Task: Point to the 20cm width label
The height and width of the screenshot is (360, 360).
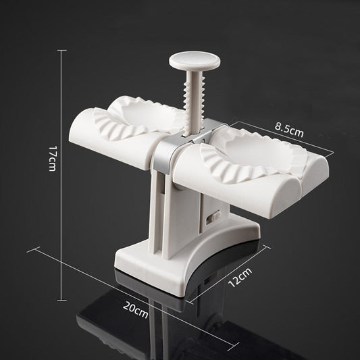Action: pyautogui.click(x=136, y=310)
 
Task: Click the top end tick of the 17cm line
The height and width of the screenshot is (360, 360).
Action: pyautogui.click(x=64, y=49)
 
